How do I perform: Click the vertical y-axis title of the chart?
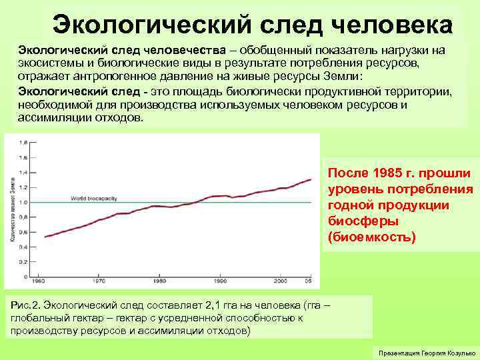12,207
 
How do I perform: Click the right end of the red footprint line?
311,179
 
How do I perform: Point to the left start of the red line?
44,237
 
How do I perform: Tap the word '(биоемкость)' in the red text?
371,237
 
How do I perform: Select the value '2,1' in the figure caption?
217,306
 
